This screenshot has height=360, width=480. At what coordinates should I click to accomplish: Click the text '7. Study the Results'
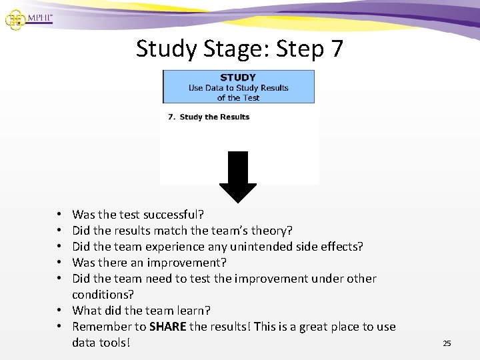coord(209,117)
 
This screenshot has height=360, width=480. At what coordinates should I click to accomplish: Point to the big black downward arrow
coord(238,177)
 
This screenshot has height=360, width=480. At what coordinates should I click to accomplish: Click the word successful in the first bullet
coord(175,214)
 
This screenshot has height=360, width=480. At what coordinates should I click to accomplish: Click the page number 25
coord(447,343)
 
